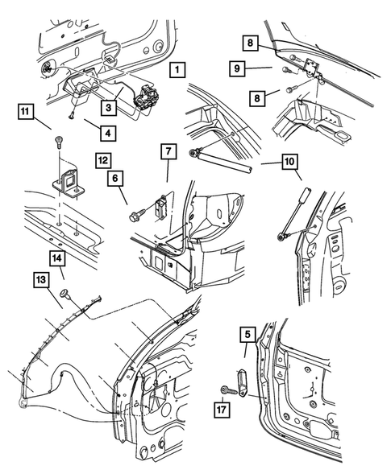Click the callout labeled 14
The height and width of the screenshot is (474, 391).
point(58,258)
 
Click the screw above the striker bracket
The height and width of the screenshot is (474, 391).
point(58,142)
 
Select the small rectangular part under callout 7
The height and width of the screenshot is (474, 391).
point(164,207)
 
